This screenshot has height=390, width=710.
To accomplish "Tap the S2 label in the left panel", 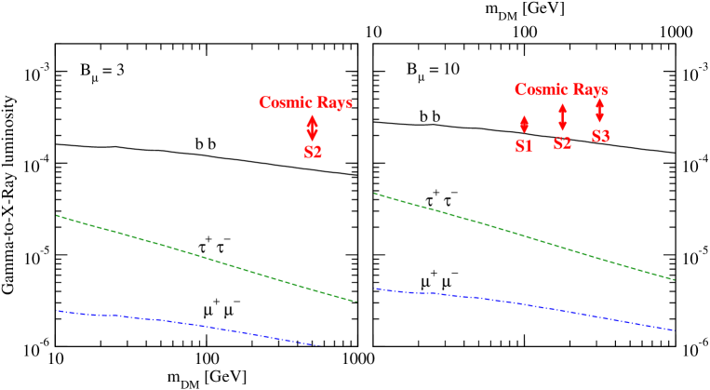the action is point(313,152).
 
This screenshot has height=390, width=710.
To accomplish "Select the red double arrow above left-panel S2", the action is point(313,128).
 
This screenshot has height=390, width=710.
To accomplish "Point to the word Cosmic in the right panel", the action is point(543,90).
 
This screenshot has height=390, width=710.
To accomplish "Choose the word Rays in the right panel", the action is point(591,90).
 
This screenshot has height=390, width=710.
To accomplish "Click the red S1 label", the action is point(524,146).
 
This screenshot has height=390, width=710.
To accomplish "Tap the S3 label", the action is point(600,137).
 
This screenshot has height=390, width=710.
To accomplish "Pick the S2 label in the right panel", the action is point(562,143).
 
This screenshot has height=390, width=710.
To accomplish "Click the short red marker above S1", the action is point(524,124).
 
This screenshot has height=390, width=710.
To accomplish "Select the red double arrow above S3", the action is point(599,110).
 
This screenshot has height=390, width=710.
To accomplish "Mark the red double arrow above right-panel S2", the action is point(562,117).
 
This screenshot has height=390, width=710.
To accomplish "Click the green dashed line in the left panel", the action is point(205,258).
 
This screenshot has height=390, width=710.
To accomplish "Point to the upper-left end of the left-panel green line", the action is point(57,215).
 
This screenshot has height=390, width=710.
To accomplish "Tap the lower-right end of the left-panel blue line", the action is point(320,345).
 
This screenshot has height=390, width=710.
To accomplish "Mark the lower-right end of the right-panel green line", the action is point(673,279).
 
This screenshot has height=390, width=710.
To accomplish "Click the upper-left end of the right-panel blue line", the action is point(374,289).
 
